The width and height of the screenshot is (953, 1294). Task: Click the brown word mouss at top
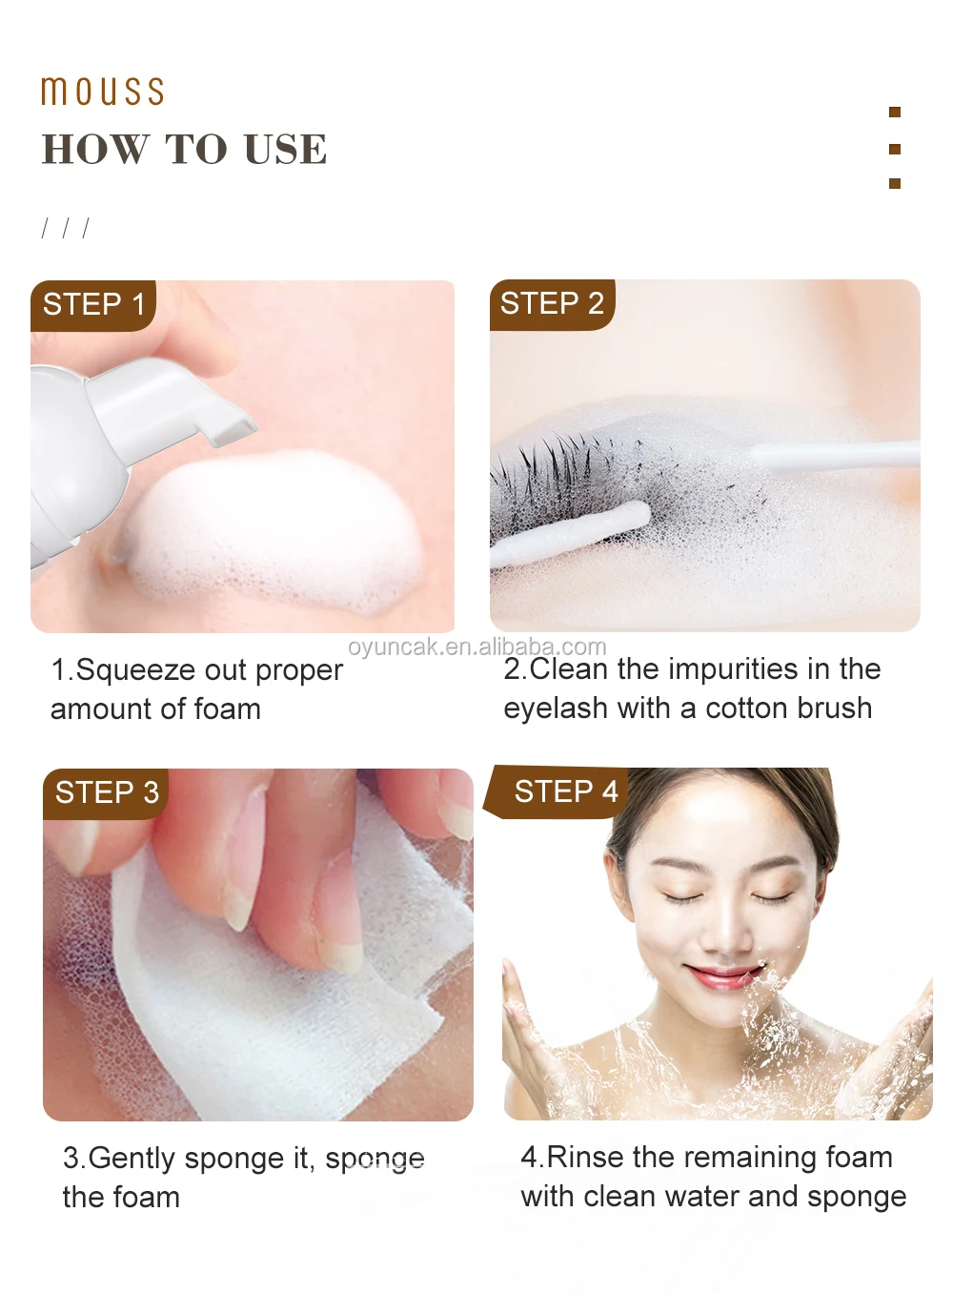pyautogui.click(x=102, y=92)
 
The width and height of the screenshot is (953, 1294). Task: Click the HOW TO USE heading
pyautogui.click(x=184, y=150)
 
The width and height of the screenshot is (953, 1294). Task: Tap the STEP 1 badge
pyautogui.click(x=93, y=305)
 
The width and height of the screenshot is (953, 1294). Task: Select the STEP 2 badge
pyautogui.click(x=552, y=304)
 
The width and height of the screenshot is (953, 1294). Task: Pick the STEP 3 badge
pyautogui.click(x=107, y=792)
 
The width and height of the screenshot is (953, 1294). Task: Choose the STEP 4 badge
pyautogui.click(x=565, y=791)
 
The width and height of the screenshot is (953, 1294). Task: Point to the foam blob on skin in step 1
pyautogui.click(x=276, y=534)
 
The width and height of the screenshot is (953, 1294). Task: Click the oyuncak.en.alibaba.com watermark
pyautogui.click(x=476, y=647)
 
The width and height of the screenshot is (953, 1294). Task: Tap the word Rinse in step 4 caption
pyautogui.click(x=585, y=1158)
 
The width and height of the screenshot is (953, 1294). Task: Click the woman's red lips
pyautogui.click(x=722, y=976)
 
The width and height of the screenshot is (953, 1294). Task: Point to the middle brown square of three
pyautogui.click(x=894, y=149)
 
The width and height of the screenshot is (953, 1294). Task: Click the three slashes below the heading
pyautogui.click(x=65, y=228)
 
